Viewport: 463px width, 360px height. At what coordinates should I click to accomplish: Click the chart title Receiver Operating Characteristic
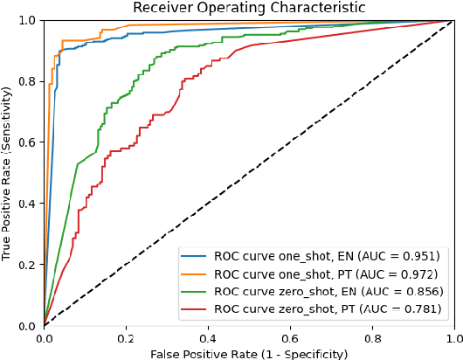pos(248,8)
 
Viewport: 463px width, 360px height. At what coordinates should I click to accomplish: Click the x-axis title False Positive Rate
pos(248,353)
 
